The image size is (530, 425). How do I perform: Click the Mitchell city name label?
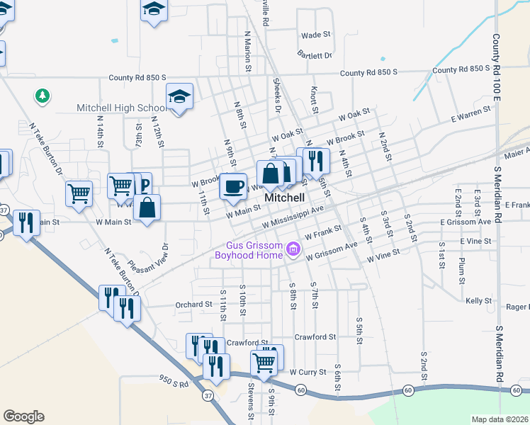point(284,198)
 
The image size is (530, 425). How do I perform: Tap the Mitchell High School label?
point(121,108)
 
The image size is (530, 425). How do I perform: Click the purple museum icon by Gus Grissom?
point(293,250)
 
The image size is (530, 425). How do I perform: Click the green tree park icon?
point(43,96)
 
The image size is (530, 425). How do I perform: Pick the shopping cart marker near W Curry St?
point(264,361)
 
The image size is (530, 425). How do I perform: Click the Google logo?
point(23,416)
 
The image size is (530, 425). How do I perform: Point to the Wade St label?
point(316,35)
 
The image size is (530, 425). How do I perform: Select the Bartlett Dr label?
point(315,55)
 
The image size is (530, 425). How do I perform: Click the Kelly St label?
point(479,301)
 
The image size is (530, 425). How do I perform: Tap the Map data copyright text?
point(500,419)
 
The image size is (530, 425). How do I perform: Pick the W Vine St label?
point(383,256)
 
